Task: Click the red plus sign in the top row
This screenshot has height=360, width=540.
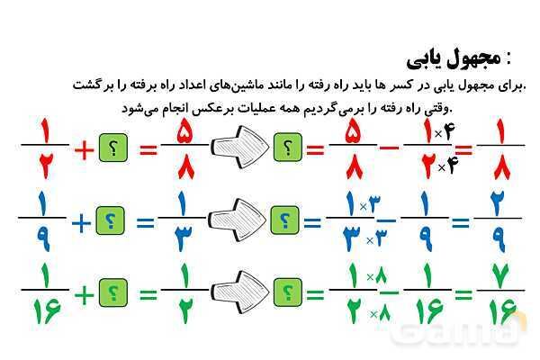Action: tap(84, 150)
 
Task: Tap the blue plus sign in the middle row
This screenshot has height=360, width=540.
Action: tap(82, 221)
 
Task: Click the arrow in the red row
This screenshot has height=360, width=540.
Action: tap(238, 146)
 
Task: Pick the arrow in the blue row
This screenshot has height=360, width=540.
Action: tap(238, 219)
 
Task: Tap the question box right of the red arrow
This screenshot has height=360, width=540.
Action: tap(287, 147)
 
